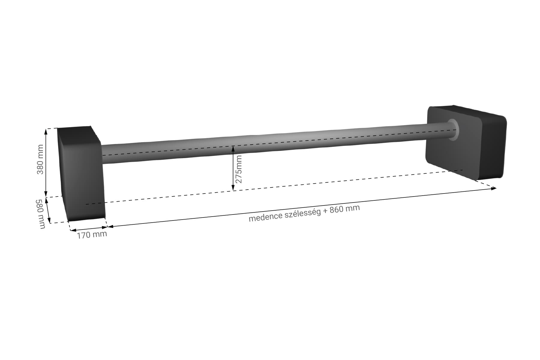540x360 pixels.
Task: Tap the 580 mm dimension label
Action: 41,214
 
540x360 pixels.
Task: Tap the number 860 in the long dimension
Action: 336,210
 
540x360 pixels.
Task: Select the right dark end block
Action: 466,142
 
